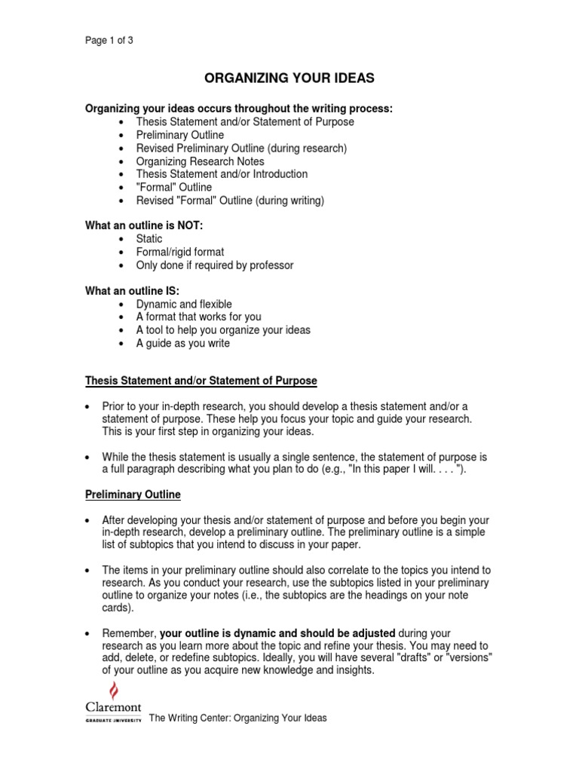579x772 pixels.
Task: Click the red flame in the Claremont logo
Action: click(115, 690)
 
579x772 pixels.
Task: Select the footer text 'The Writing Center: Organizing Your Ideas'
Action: click(238, 718)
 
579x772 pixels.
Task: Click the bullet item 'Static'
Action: click(149, 239)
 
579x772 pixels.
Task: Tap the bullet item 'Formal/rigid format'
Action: click(179, 252)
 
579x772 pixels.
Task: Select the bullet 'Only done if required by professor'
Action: click(214, 265)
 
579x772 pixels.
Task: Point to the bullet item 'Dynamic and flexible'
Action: click(184, 304)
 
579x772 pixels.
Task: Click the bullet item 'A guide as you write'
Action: click(182, 343)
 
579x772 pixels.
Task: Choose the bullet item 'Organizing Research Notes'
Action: click(200, 161)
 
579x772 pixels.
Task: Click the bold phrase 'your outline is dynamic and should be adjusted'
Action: click(277, 633)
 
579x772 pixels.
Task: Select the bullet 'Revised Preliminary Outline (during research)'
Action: click(241, 149)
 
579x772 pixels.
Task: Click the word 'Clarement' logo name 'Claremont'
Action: click(112, 707)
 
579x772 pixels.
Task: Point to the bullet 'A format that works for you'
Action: click(198, 317)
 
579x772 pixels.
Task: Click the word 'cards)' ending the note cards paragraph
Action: click(117, 607)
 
